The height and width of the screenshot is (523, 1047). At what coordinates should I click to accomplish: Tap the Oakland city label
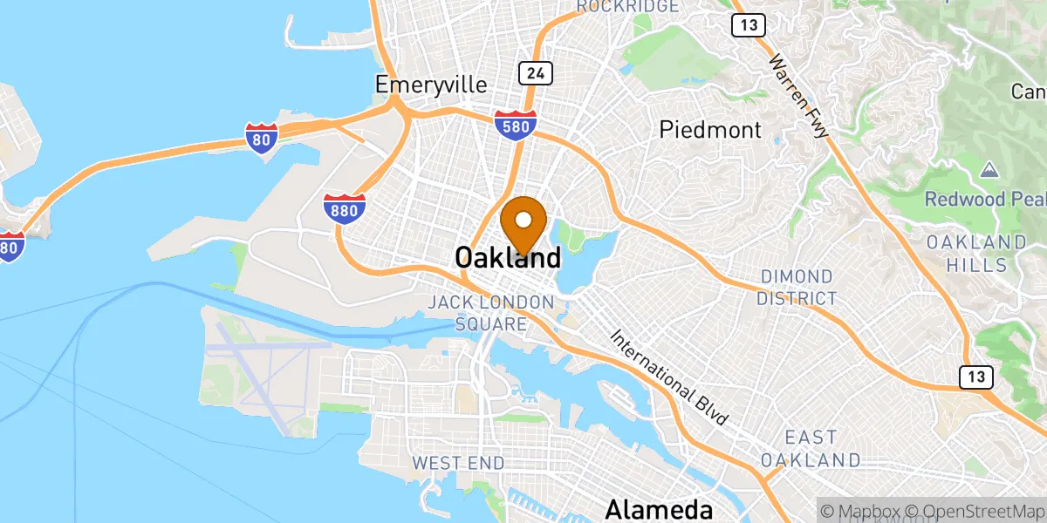click(507, 258)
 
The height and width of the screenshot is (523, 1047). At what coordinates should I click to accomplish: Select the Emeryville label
click(430, 84)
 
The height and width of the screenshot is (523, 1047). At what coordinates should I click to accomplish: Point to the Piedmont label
click(710, 131)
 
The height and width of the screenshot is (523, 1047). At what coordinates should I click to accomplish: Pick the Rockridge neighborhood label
click(626, 6)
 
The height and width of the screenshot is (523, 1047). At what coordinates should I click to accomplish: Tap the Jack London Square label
click(490, 313)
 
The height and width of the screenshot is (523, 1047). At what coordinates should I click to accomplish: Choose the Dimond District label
click(796, 288)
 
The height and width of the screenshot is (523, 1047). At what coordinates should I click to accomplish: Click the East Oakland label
click(810, 448)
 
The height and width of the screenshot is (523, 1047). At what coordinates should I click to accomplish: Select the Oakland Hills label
click(976, 253)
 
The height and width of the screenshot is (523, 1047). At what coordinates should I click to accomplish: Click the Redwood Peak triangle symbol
click(989, 168)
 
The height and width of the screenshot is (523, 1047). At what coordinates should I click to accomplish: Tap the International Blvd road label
click(669, 377)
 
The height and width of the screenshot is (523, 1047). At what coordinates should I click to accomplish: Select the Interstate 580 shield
click(515, 124)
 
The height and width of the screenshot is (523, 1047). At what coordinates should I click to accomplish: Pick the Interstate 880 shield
click(345, 208)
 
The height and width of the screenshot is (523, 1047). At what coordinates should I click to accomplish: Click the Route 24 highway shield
click(535, 73)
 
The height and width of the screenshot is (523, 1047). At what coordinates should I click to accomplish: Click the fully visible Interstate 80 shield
click(261, 136)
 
